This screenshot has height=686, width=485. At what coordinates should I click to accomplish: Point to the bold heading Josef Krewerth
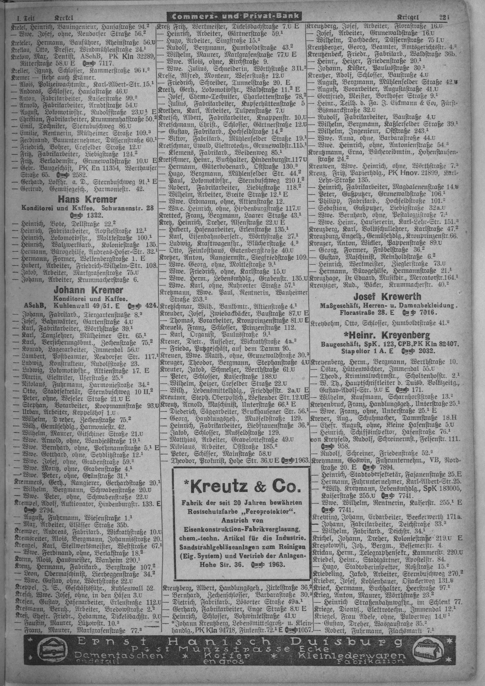point(387,297)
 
